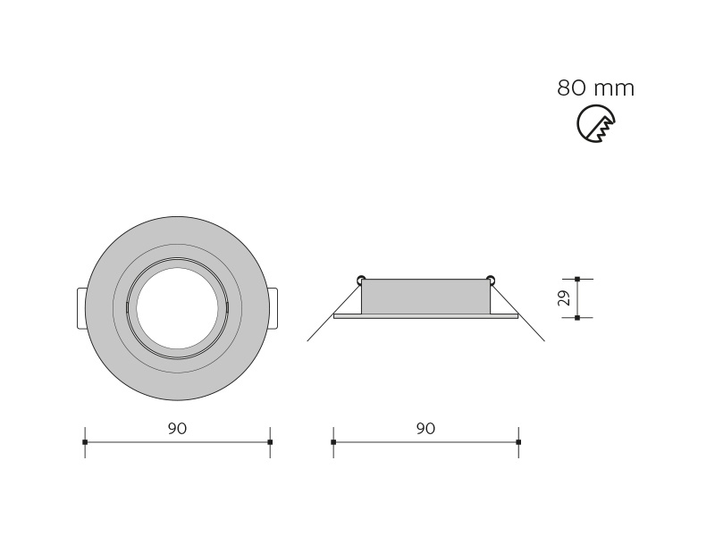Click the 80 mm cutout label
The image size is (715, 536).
tap(595, 88)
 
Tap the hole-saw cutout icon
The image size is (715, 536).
tap(595, 123)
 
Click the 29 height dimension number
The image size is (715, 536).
tap(565, 298)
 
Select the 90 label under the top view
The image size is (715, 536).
tap(177, 429)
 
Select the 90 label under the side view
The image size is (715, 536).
tap(425, 429)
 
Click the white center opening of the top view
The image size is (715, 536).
tap(177, 308)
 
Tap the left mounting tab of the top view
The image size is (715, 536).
tap(81, 308)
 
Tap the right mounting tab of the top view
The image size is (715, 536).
tap(273, 308)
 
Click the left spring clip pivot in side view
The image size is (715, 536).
tap(361, 279)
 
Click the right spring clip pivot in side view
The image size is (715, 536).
tap(491, 279)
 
